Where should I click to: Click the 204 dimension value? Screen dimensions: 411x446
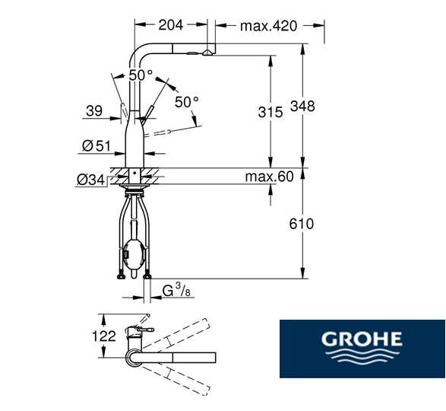coord(171,25)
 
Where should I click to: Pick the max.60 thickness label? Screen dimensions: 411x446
coord(269,177)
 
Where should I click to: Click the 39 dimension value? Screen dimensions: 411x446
coord(94,111)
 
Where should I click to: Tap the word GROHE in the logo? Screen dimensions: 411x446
coord(361,338)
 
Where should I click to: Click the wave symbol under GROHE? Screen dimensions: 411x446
coord(361,357)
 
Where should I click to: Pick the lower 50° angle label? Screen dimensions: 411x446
coord(186,100)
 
